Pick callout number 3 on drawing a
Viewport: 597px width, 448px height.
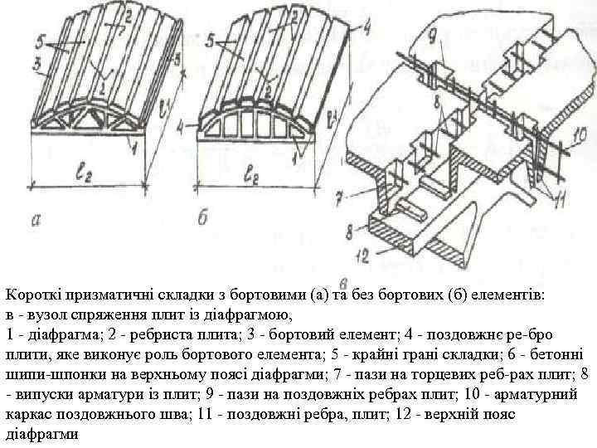pos(36,63)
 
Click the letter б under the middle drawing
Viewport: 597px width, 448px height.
pos(204,218)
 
